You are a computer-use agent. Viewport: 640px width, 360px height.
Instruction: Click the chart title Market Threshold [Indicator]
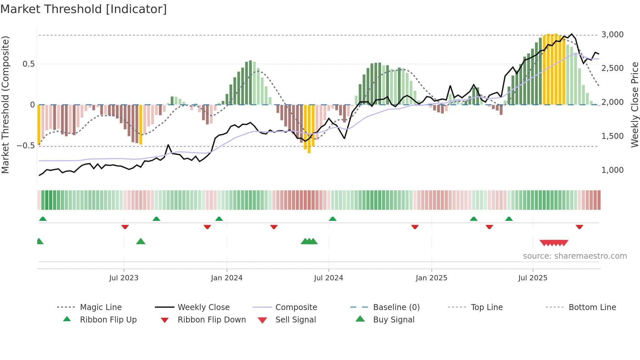(84, 9)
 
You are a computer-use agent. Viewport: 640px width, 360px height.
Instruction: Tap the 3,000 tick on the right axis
(612, 35)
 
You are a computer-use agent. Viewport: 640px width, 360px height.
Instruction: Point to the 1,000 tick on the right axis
(612, 170)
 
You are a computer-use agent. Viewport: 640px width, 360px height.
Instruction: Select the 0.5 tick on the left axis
(29, 64)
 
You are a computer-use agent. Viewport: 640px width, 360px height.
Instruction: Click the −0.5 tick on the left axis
(26, 146)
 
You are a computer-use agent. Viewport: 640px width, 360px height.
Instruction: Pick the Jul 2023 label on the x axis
(124, 278)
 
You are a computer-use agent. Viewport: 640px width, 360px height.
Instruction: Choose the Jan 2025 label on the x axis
(431, 278)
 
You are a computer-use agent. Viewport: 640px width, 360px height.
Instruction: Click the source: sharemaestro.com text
(575, 256)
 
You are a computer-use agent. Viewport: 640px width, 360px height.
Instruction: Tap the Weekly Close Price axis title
(634, 105)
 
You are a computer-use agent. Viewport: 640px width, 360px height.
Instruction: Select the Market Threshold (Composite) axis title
(5, 105)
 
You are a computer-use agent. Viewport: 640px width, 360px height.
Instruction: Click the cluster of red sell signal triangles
(554, 243)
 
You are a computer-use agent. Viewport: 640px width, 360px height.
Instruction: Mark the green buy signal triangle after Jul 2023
(141, 241)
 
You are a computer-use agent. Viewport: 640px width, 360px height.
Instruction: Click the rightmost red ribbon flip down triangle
(580, 227)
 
